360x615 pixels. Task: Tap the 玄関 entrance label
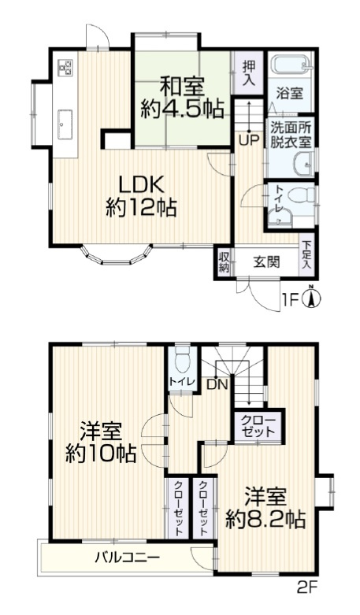[266, 262]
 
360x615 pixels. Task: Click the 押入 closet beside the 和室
[249, 74]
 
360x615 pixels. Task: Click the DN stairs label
[217, 384]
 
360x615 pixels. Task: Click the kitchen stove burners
[65, 68]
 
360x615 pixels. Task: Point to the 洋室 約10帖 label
[100, 443]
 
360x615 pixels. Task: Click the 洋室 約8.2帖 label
[265, 508]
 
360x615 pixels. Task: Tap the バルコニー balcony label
[128, 558]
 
